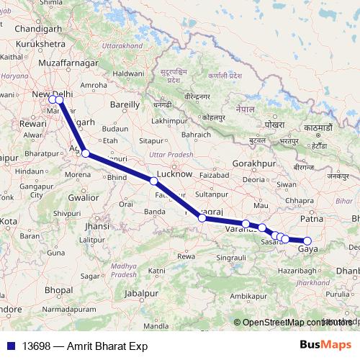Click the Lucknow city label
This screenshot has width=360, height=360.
tap(174, 174)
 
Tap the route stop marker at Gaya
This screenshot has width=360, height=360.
tap(307, 241)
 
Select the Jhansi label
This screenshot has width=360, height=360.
tap(96, 225)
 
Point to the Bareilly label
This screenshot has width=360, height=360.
tap(124, 104)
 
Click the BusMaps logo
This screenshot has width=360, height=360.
tap(326, 346)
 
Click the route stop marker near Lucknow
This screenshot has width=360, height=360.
tap(153, 181)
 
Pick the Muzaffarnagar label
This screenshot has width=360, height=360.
tap(51, 63)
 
